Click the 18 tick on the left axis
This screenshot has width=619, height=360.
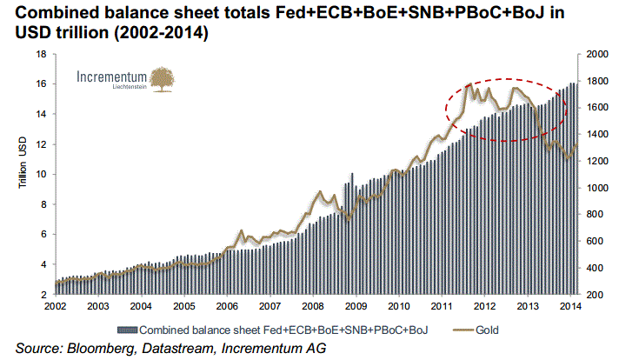pos(41,54)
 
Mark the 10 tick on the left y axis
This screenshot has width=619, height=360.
pos(41,174)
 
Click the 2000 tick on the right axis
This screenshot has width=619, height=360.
pos(594,54)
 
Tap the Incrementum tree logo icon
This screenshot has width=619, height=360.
pos(162,79)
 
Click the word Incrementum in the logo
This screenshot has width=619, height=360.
pos(112,77)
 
